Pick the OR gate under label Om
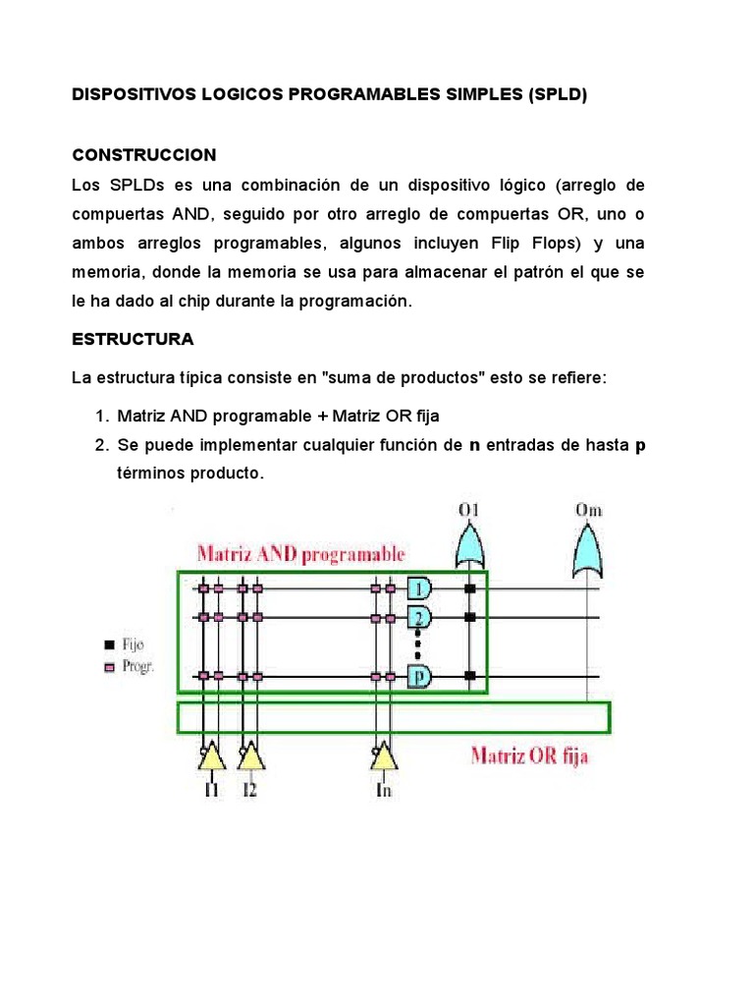588,551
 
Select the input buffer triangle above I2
250,755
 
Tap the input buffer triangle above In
384,755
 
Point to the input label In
384,789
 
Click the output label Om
588,511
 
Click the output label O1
468,511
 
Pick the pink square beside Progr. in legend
108,666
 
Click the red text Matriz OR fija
529,756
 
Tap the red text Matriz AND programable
300,553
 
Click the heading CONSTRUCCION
144,155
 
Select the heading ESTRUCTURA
134,339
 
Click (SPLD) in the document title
558,95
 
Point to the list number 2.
100,445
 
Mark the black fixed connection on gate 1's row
469,588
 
